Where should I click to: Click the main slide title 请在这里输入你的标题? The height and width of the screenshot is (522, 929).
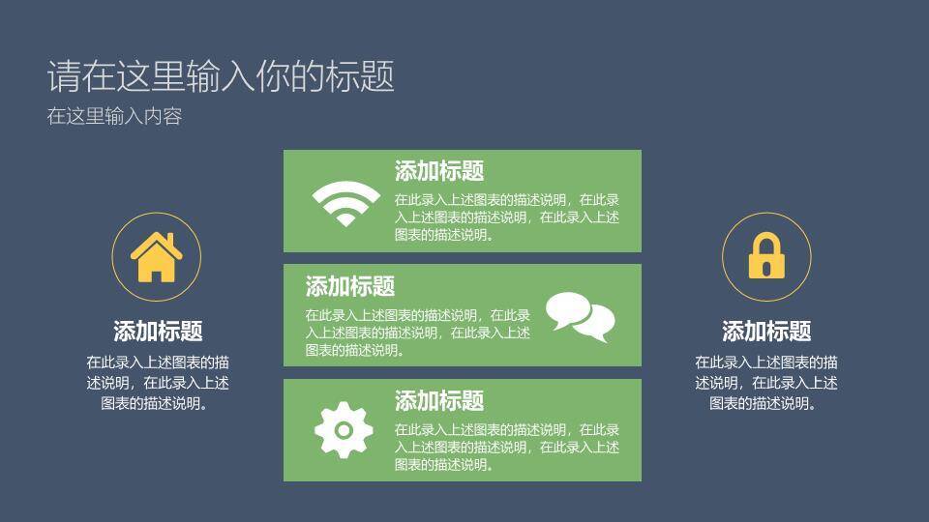click(221, 76)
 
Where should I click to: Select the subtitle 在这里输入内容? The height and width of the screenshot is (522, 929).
click(114, 117)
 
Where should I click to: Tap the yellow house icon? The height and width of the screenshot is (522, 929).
click(157, 258)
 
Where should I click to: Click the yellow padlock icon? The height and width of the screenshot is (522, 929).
click(765, 257)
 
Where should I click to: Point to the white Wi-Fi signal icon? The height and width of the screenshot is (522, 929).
click(345, 202)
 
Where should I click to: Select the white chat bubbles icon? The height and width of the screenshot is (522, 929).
click(581, 316)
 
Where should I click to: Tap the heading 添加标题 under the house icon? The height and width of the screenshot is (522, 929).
click(158, 332)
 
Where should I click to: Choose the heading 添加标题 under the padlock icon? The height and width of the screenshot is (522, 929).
click(766, 332)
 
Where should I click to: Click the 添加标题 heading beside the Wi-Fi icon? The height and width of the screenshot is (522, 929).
click(439, 172)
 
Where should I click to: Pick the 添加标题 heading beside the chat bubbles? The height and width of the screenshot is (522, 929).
click(350, 286)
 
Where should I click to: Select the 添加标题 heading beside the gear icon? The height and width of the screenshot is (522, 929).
click(439, 401)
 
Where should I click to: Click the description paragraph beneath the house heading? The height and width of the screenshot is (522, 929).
click(158, 383)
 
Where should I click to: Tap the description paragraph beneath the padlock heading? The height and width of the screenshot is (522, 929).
click(766, 383)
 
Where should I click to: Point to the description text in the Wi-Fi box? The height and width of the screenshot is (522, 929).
click(506, 217)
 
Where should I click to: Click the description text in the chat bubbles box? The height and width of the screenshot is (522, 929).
click(417, 332)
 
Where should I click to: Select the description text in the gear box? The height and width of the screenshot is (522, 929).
click(506, 447)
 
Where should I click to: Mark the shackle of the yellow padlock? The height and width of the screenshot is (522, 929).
click(765, 244)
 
